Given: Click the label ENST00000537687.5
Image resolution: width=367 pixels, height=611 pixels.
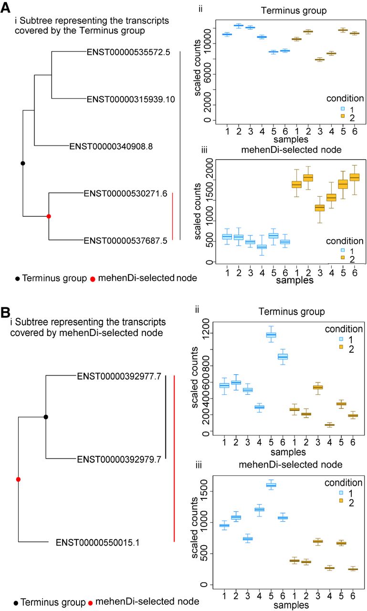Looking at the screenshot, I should (x=125, y=241).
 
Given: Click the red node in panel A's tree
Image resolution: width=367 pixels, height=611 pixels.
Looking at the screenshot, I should (x=49, y=216).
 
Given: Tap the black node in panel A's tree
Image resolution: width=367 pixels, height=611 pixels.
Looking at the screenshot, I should (x=22, y=163).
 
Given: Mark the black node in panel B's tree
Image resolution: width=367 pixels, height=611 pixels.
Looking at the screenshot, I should (x=46, y=417).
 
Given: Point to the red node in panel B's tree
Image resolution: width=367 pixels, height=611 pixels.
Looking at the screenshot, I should (x=18, y=479).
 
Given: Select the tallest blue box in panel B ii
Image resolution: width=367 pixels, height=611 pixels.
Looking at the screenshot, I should (x=271, y=335).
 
